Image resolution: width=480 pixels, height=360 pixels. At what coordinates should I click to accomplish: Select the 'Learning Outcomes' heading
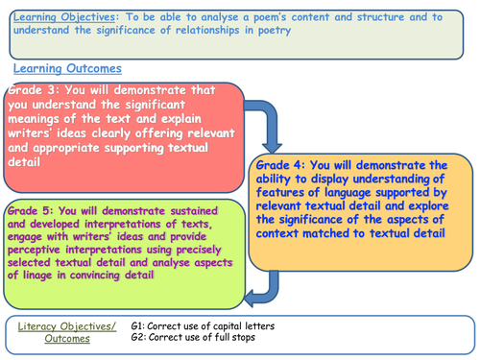[x=66, y=69]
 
